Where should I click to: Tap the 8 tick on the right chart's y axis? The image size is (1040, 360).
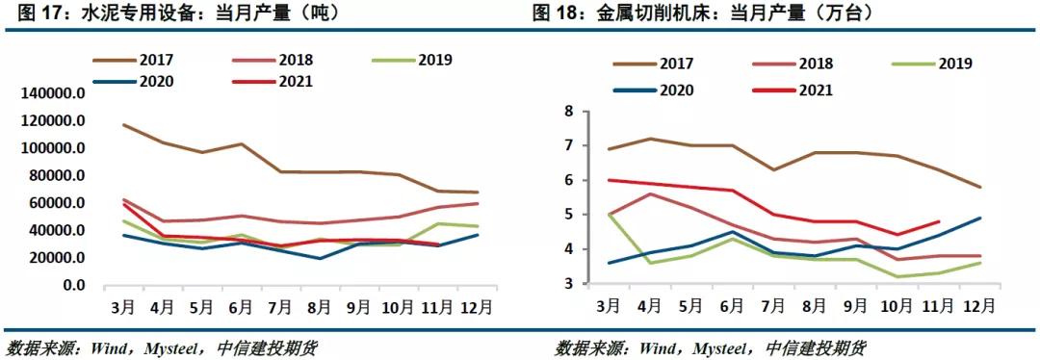[568, 112]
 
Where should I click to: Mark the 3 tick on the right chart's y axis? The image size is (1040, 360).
[568, 284]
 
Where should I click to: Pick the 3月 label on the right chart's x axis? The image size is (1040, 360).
[608, 306]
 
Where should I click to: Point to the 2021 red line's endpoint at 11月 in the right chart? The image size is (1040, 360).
[939, 221]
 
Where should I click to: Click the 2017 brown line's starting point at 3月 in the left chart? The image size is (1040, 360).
[122, 125]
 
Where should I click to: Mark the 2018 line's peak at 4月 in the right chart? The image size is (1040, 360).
[649, 193]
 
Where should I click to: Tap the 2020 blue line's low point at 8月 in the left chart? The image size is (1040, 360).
[319, 258]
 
